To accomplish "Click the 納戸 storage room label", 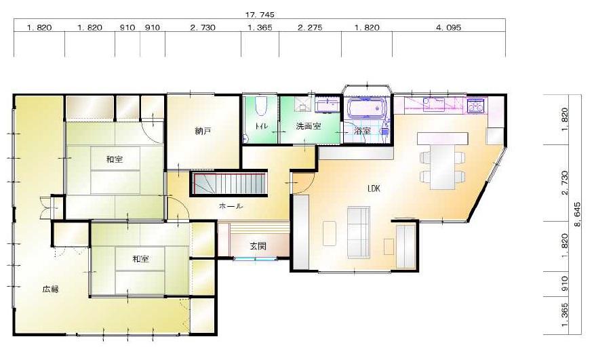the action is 203,132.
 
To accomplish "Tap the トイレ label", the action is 262,126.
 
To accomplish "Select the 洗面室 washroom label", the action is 309,126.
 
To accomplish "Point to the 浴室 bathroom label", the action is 362,131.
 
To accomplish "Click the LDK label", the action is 374,188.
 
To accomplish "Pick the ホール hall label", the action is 231,206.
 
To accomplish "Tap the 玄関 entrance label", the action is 258,246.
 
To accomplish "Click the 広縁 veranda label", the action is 50,289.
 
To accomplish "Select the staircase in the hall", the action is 229,184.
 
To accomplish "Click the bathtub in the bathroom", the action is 367,108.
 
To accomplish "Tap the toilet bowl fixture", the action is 260,106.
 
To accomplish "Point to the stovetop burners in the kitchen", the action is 476,105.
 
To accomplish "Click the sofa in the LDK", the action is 359,233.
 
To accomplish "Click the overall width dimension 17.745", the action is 260,15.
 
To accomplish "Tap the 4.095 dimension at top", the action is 448,28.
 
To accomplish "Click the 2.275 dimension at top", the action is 310,28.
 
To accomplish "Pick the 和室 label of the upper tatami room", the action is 115,159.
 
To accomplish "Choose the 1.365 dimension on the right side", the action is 564,314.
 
